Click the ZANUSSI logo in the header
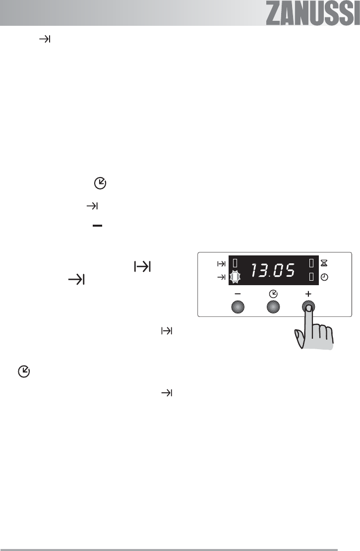pyautogui.click(x=312, y=13)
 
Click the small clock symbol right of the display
pyautogui.click(x=324, y=277)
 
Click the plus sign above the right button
pyautogui.click(x=308, y=294)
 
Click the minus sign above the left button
pyautogui.click(x=238, y=294)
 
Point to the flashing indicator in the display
pyautogui.click(x=235, y=278)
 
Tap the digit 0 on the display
pyautogui.click(x=279, y=270)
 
